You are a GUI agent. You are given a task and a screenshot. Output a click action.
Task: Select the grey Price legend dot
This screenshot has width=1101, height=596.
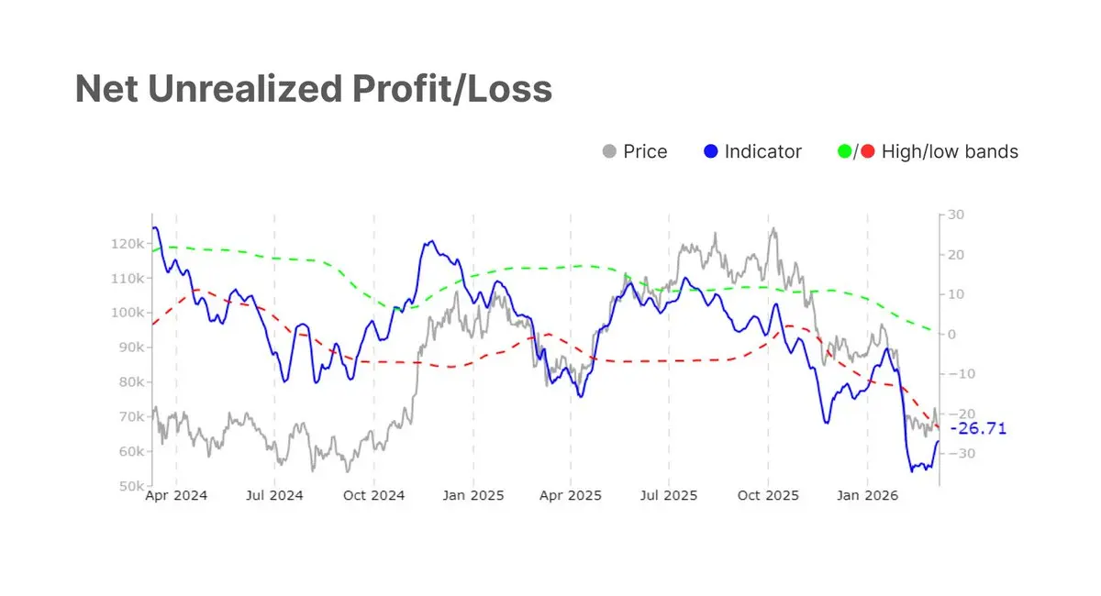[x=609, y=151]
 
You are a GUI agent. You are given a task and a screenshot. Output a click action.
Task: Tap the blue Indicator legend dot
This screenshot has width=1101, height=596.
[x=711, y=151]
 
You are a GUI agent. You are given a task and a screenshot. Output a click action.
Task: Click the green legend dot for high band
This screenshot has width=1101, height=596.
[x=845, y=151]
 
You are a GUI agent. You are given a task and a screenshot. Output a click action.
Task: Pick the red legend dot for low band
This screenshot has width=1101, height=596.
[x=868, y=151]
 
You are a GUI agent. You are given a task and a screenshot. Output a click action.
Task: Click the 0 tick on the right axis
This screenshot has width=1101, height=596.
[x=952, y=334]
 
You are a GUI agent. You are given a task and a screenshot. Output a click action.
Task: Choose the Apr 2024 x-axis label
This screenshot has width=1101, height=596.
[x=177, y=496]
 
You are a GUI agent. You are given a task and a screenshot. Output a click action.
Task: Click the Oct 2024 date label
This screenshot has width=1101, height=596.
[x=374, y=496]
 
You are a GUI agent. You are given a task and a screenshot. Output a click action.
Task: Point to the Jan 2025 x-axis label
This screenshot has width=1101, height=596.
[x=473, y=496]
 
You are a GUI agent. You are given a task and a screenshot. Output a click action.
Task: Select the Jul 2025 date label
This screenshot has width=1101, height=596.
[x=668, y=496]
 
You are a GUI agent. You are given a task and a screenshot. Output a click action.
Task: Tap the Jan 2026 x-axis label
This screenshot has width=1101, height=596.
[x=867, y=496]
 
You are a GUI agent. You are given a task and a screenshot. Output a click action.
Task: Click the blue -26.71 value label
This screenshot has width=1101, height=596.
[x=978, y=428]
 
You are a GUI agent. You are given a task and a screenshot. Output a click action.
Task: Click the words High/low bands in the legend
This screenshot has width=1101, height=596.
[x=950, y=151]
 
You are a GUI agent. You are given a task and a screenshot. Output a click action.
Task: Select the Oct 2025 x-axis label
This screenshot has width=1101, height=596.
[x=769, y=496]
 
